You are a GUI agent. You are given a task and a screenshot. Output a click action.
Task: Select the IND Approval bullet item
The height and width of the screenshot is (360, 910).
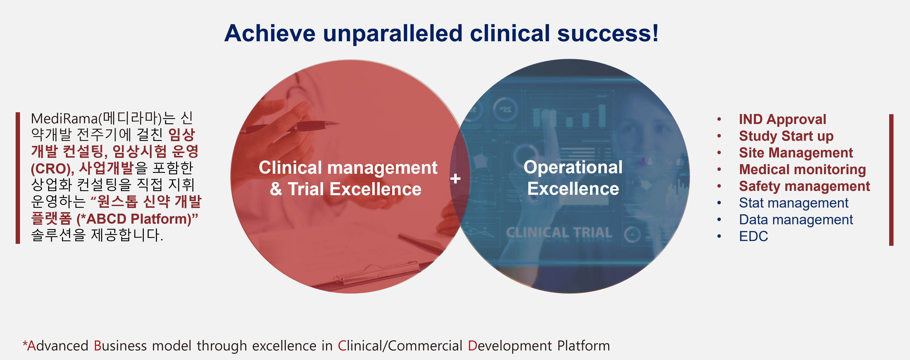point(783,119)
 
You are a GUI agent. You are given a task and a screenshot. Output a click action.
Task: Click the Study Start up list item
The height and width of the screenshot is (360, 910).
point(786,136)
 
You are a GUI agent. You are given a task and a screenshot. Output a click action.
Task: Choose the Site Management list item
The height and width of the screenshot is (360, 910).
point(796,153)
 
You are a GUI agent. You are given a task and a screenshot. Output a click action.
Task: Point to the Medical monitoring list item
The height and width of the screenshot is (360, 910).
point(802,170)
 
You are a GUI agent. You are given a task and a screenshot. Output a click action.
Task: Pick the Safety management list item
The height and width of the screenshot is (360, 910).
point(804,186)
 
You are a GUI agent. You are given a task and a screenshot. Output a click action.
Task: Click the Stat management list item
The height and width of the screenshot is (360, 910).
point(793,203)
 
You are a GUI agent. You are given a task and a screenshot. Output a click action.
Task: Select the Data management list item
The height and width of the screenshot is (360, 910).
point(796,220)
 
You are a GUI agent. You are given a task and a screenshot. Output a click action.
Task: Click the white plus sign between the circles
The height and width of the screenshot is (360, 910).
point(455,178)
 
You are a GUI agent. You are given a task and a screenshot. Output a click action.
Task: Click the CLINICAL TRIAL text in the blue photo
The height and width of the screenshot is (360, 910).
point(559,233)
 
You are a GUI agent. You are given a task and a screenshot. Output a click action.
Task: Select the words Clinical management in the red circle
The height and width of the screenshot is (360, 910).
point(348,167)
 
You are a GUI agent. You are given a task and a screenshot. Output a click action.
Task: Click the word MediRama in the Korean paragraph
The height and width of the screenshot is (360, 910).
point(64,118)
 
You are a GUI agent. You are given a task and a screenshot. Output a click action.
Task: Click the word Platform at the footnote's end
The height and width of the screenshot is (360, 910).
point(584,345)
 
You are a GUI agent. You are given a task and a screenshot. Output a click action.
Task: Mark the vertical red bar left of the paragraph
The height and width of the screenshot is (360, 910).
point(18,178)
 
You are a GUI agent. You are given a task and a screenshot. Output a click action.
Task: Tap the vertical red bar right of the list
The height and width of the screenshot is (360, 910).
point(891,180)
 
